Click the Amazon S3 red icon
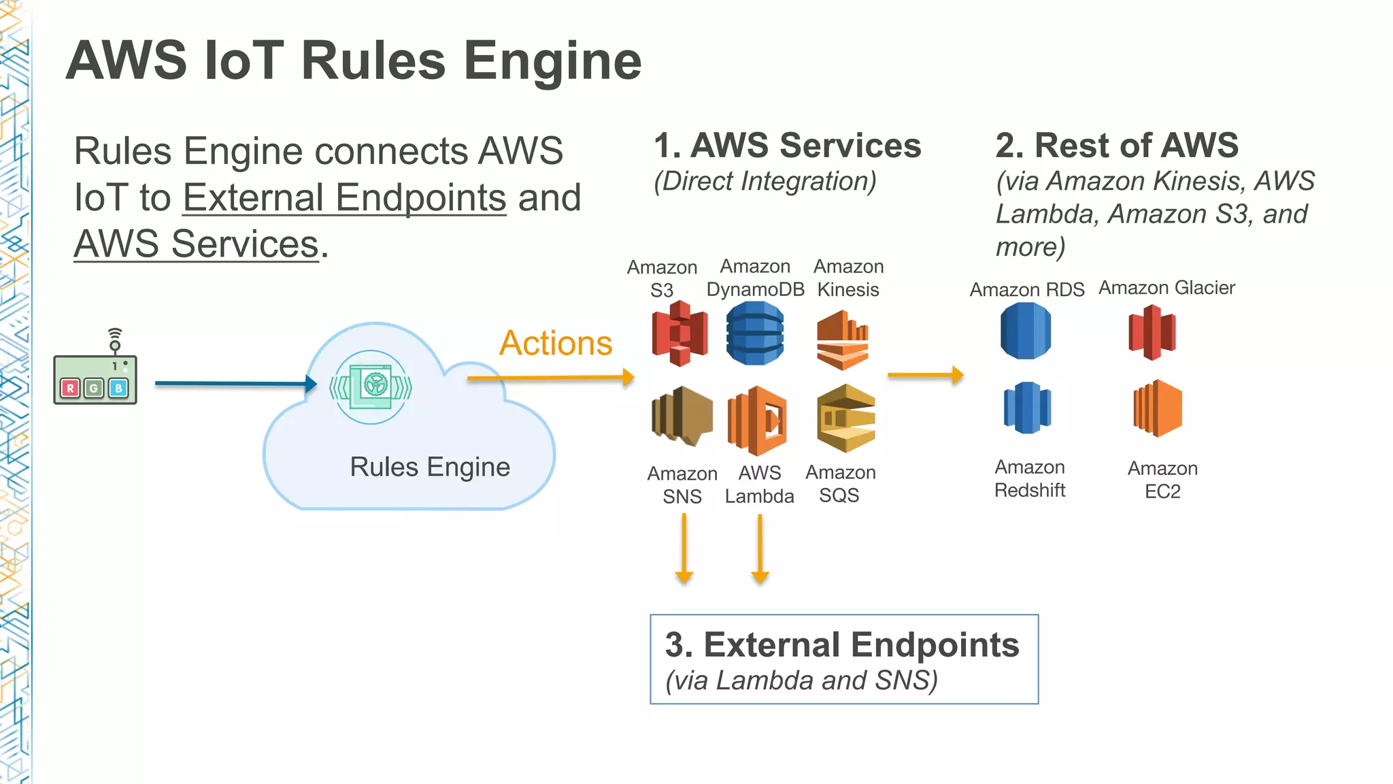tap(679, 333)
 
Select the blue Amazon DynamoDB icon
tap(755, 333)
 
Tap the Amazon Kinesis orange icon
tap(843, 340)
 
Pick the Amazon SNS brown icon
tap(682, 416)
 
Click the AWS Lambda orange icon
tap(758, 421)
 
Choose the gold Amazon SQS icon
tap(845, 419)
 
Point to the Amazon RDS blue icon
tap(1026, 331)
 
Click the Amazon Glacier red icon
tap(1152, 332)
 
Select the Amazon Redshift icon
tap(1027, 408)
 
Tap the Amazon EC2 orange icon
tap(1158, 408)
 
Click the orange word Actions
tap(556, 343)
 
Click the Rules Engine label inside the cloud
tap(430, 468)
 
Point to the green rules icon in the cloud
tap(371, 387)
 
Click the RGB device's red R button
tap(69, 388)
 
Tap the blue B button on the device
tap(118, 388)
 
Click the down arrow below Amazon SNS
tap(684, 549)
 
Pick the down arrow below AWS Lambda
tap(760, 549)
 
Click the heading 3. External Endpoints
tap(842, 644)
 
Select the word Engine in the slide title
tap(552, 61)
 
